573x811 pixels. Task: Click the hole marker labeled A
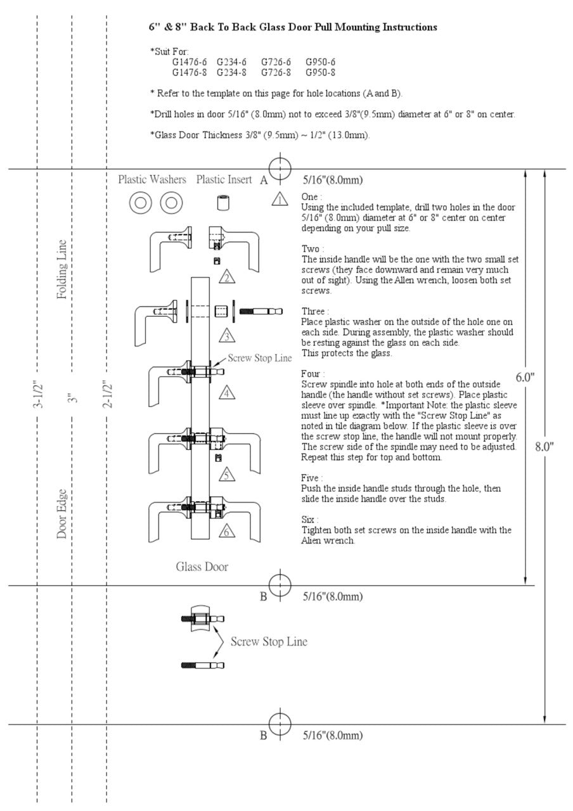coord(280,169)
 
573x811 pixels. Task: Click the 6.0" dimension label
coord(525,377)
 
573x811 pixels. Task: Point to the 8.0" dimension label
coord(544,446)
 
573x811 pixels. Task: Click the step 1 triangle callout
coord(280,200)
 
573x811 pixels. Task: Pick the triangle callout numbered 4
coord(228,393)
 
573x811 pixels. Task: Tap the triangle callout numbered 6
coord(226,532)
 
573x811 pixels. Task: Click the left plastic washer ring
coord(141,203)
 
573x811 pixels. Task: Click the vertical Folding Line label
coord(62,269)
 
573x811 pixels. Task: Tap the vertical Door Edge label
coord(62,514)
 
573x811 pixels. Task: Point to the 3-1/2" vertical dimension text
coord(37,397)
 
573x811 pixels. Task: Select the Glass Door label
coord(202,566)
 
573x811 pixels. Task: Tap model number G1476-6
coord(189,62)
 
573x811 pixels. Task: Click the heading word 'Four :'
coord(314,374)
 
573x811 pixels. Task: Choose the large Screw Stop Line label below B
coord(268,642)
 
